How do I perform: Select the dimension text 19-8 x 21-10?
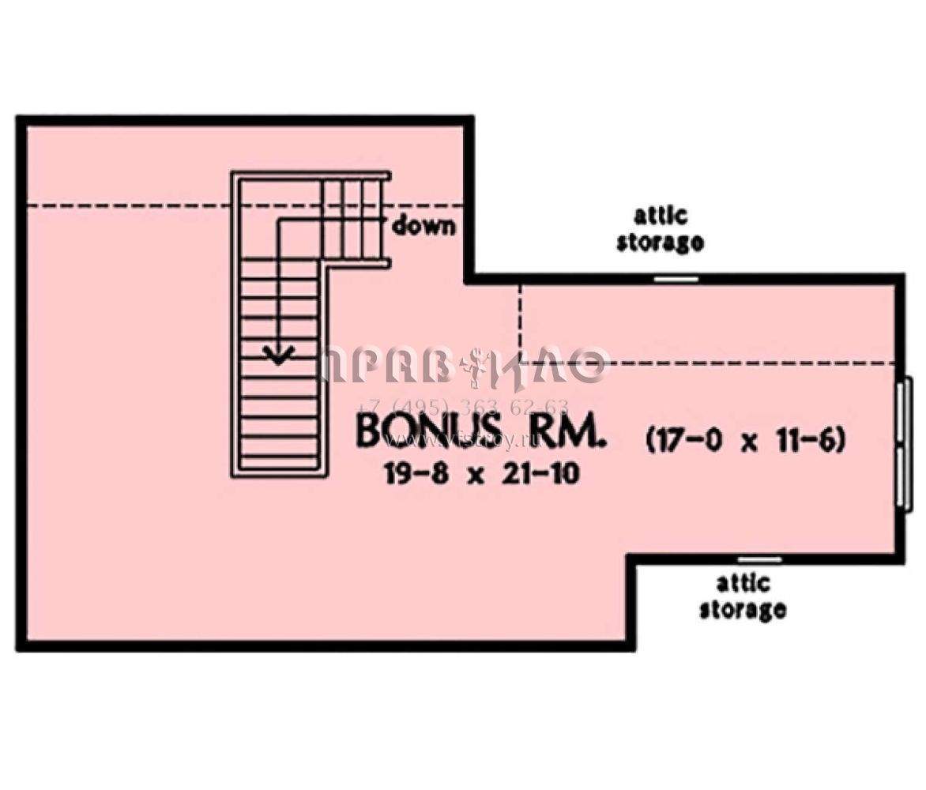[x=482, y=474]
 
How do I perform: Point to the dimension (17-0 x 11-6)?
[x=746, y=440]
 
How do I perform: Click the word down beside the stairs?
[x=424, y=226]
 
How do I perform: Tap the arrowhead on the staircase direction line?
[x=279, y=354]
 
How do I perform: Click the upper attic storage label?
[x=660, y=229]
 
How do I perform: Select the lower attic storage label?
[x=743, y=596]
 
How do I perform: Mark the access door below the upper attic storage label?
[x=676, y=279]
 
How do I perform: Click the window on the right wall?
[x=904, y=445]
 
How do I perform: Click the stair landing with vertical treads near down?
[x=354, y=218]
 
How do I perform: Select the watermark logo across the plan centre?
[x=465, y=365]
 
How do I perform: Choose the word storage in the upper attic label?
[x=660, y=242]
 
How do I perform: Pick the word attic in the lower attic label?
[x=743, y=584]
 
